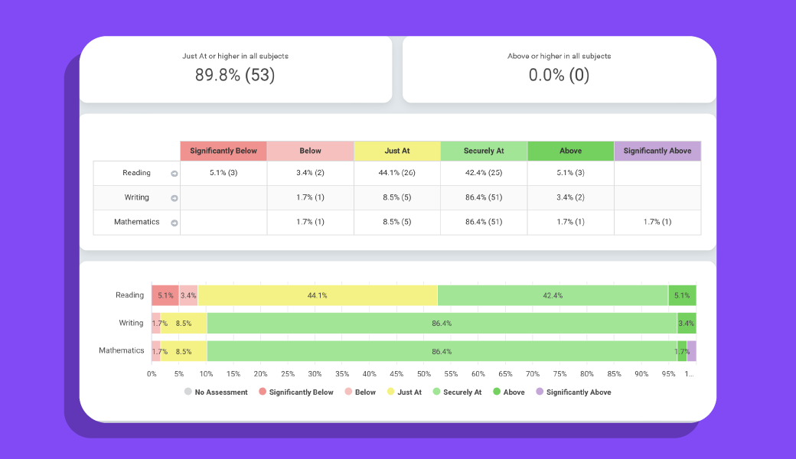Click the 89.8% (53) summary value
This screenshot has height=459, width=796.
click(x=235, y=75)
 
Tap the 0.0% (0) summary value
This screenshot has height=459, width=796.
click(x=559, y=75)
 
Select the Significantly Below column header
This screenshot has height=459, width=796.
click(x=223, y=151)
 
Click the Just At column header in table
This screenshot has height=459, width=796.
click(x=397, y=151)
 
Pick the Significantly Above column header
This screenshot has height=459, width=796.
click(x=657, y=151)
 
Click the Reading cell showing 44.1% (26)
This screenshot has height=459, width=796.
click(x=397, y=173)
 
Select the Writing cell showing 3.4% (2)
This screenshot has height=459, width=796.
click(x=570, y=197)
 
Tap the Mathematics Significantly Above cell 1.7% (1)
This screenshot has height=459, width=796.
click(x=657, y=222)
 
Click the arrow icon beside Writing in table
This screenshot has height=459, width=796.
click(x=174, y=198)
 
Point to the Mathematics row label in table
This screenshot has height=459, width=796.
click(x=136, y=222)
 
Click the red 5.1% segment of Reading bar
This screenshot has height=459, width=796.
click(x=165, y=295)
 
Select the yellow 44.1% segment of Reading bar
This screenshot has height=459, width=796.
click(x=317, y=295)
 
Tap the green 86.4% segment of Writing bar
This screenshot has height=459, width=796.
click(x=442, y=323)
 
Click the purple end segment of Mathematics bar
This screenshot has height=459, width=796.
click(x=691, y=350)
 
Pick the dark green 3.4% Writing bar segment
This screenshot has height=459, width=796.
click(x=687, y=323)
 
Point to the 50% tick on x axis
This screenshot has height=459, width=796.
click(x=423, y=373)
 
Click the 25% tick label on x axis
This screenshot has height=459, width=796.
click(x=288, y=373)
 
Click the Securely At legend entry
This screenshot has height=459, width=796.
click(x=457, y=392)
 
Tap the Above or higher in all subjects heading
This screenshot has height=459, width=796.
click(x=559, y=56)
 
